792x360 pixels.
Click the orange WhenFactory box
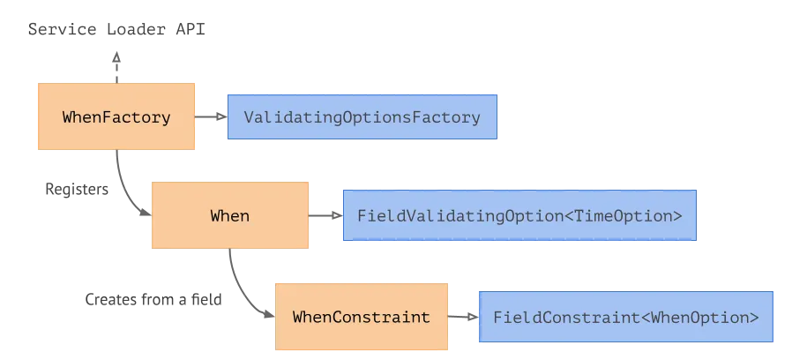point(116,116)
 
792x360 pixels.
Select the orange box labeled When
point(229,215)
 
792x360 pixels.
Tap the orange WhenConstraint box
point(361,317)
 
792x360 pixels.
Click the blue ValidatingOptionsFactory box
point(362,116)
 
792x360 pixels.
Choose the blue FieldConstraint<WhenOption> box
point(625,317)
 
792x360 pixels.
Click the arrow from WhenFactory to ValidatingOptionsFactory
point(212,116)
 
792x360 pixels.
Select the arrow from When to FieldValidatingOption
point(325,215)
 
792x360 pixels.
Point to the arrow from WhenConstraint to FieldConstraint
point(462,317)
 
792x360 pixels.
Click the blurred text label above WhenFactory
point(116,28)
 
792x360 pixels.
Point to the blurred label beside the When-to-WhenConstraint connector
point(155,300)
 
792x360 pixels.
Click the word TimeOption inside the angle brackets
point(623,215)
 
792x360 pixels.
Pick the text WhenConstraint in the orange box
point(361,317)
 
